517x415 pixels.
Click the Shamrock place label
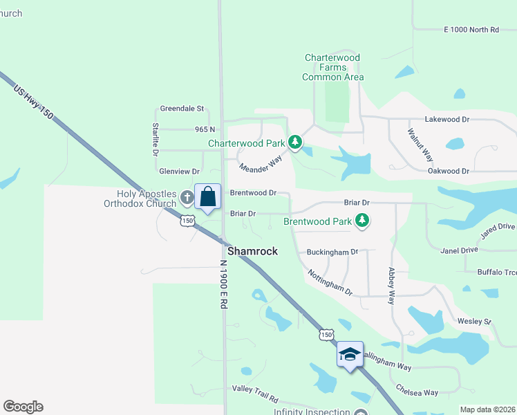(252, 251)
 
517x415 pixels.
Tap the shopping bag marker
(207, 197)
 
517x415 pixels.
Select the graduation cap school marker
(350, 355)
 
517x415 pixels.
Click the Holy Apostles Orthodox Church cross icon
(187, 199)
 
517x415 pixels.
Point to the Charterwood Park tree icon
(295, 143)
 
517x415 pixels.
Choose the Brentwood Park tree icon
(361, 221)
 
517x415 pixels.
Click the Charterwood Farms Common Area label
(332, 67)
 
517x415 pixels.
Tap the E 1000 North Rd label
(471, 30)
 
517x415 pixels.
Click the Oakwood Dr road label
(449, 171)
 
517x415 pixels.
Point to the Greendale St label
(182, 109)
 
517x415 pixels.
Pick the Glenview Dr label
(179, 171)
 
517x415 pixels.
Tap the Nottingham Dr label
(330, 282)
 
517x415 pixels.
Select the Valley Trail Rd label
(254, 399)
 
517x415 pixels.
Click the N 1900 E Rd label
(223, 284)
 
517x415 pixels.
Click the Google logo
(23, 407)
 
